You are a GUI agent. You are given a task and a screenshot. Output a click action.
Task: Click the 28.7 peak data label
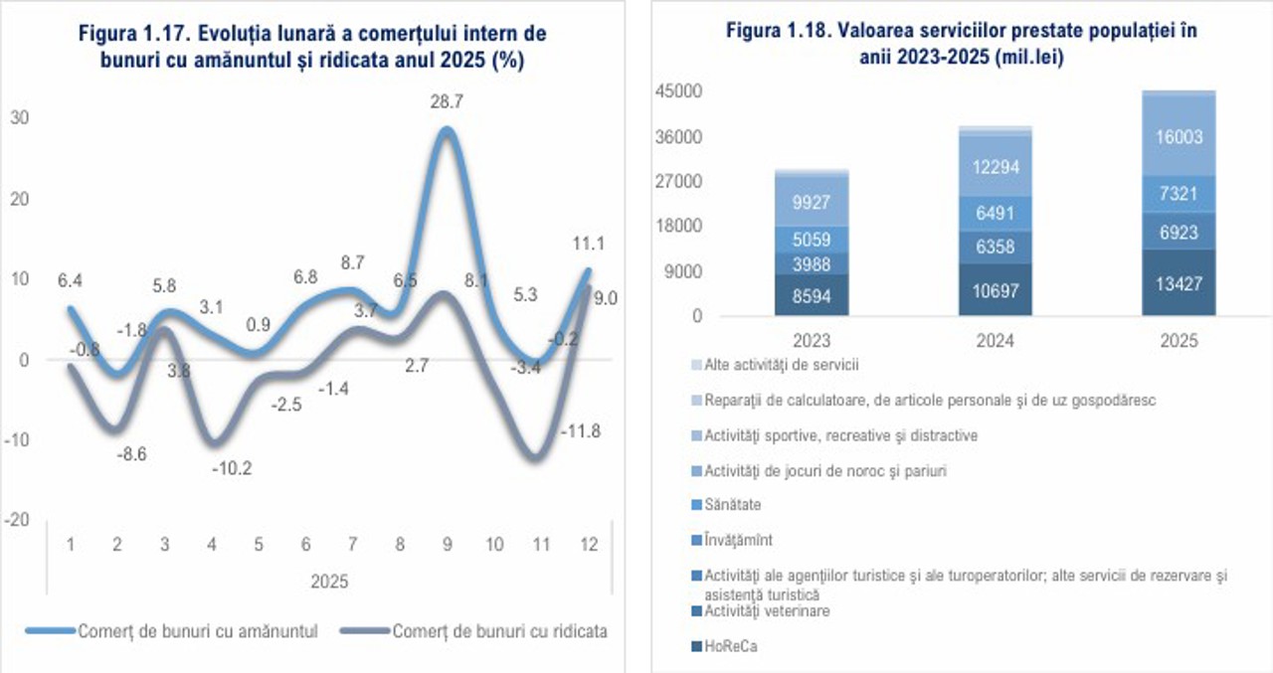[447, 102]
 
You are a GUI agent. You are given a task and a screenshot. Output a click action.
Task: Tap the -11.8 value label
[582, 431]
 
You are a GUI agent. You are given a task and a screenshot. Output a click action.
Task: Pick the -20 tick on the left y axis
[19, 521]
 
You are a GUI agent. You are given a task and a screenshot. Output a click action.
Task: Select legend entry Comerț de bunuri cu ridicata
[500, 631]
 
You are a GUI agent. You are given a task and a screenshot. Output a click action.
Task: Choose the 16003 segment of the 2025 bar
[1179, 138]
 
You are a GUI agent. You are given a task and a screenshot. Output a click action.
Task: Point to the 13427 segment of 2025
[1179, 282]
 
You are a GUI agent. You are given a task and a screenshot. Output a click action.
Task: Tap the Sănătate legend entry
[733, 505]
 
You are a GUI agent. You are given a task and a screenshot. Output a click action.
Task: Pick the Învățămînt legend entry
[738, 540]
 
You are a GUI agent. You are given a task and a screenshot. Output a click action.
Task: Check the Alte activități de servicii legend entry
[781, 364]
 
